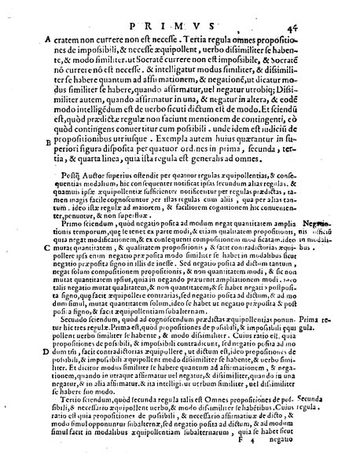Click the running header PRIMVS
coord(181,10)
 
